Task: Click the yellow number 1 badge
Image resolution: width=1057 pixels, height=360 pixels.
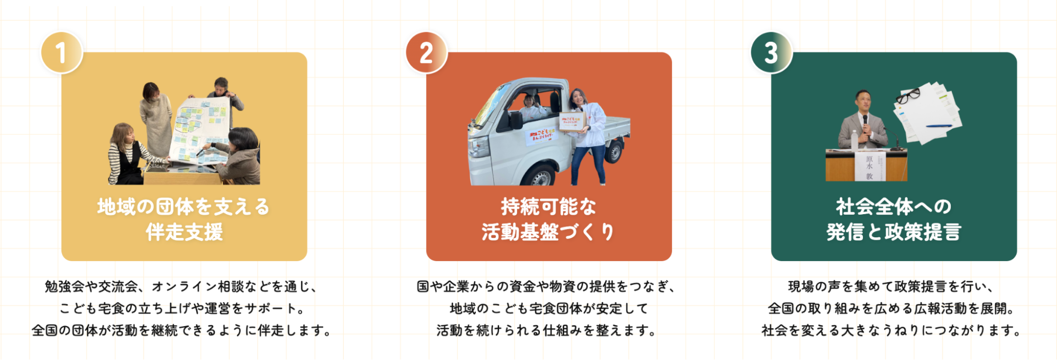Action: point(61,52)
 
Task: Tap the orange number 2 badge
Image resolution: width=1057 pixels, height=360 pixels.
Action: point(426,52)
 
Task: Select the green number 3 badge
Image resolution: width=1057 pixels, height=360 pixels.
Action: point(771,52)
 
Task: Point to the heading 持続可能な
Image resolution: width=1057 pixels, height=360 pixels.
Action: point(548,207)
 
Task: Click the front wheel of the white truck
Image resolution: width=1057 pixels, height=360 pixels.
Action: point(540,177)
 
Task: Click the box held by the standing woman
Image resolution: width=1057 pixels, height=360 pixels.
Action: point(573,121)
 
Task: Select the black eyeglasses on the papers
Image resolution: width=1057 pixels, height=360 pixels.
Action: point(908,96)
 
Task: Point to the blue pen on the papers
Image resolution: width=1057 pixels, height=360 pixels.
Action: point(939,126)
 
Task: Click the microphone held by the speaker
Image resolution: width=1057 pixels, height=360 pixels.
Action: point(865,123)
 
